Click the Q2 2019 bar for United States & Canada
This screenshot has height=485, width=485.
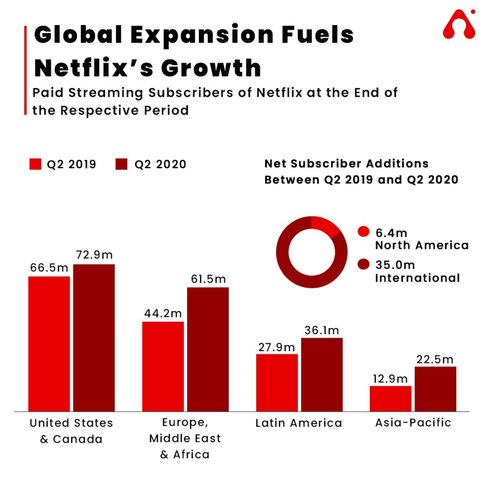(49, 343)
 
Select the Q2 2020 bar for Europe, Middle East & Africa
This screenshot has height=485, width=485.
(208, 349)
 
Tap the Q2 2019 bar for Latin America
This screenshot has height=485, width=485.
(277, 382)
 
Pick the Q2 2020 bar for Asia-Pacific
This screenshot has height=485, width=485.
(435, 388)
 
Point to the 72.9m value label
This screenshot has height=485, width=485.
(94, 255)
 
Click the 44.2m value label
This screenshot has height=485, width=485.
(163, 313)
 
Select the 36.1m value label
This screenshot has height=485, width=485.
(322, 330)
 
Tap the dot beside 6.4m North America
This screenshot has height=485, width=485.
(364, 232)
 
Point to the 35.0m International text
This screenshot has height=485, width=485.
(417, 271)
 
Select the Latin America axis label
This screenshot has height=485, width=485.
(298, 423)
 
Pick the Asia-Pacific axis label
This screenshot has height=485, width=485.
(413, 422)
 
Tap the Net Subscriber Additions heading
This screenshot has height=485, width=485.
(346, 164)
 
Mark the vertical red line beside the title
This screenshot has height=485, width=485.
(25, 70)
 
